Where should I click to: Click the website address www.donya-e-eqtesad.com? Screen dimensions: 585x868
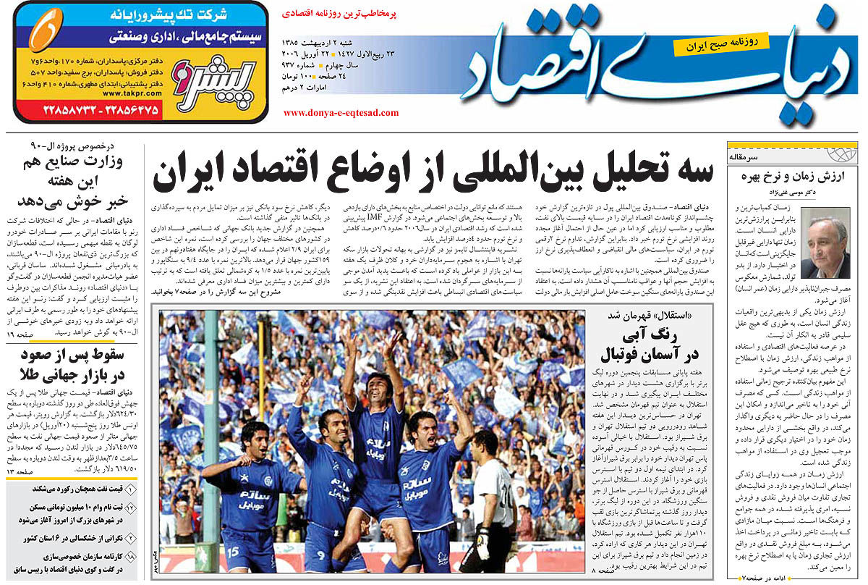pyautogui.click(x=341, y=113)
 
